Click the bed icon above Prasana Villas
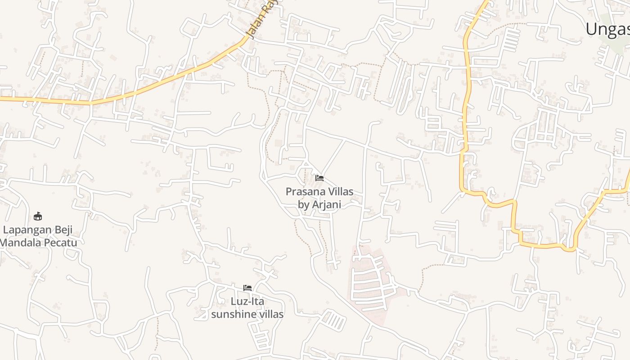tap(319, 178)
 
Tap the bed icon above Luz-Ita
tap(247, 288)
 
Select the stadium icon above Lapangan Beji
tap(38, 216)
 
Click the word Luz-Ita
tap(247, 301)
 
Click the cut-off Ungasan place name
tap(607, 29)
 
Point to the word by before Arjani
tap(303, 204)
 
